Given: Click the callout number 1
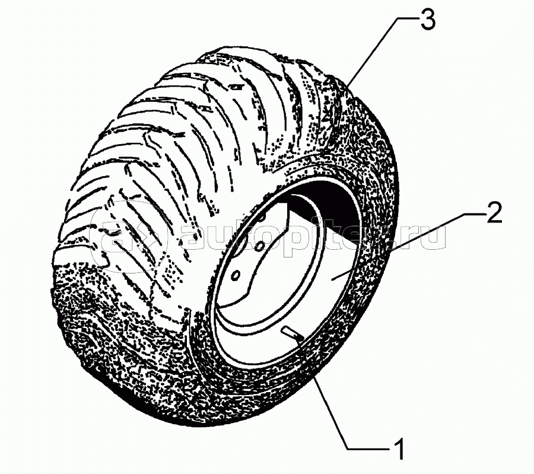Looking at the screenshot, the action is click(x=400, y=448).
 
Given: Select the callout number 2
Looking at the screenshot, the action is click(x=494, y=213).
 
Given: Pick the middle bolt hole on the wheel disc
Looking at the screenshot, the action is click(x=260, y=245).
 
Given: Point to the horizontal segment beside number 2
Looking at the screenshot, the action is click(x=475, y=213).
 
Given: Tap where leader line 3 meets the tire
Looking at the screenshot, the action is click(x=349, y=85).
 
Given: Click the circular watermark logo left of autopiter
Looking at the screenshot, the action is click(x=129, y=234).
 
